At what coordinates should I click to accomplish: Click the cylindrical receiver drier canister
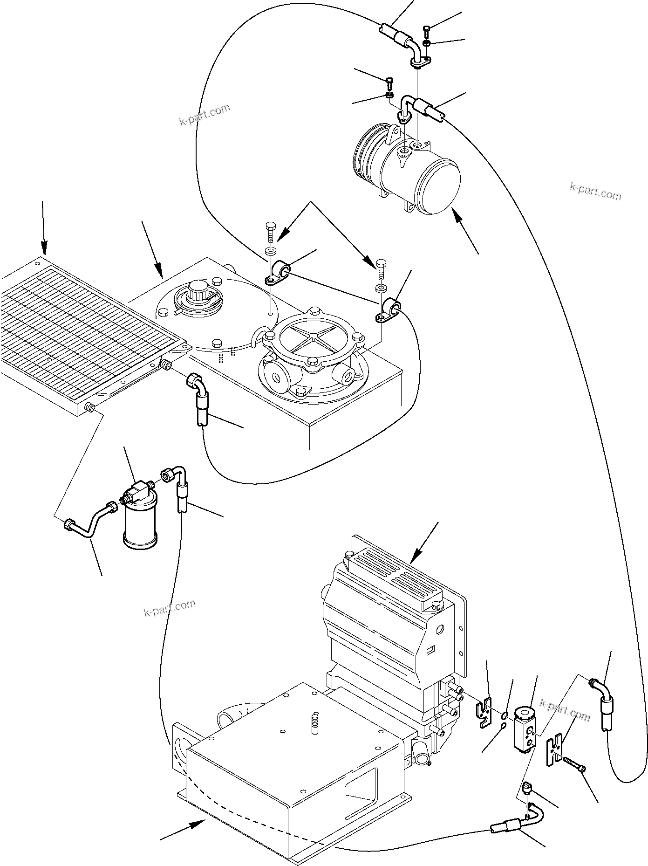[140, 524]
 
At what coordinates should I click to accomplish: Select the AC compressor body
[410, 175]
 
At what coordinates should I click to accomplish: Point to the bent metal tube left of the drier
[89, 524]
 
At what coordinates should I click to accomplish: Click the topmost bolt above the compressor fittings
[427, 32]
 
